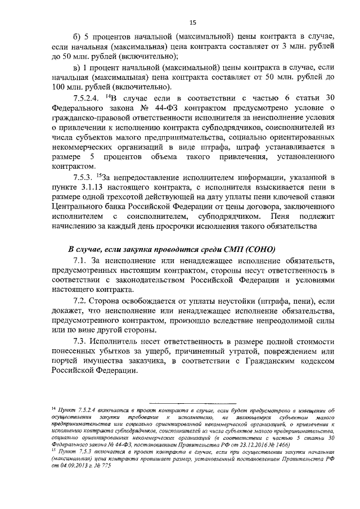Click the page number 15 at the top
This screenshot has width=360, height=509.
coord(192,22)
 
